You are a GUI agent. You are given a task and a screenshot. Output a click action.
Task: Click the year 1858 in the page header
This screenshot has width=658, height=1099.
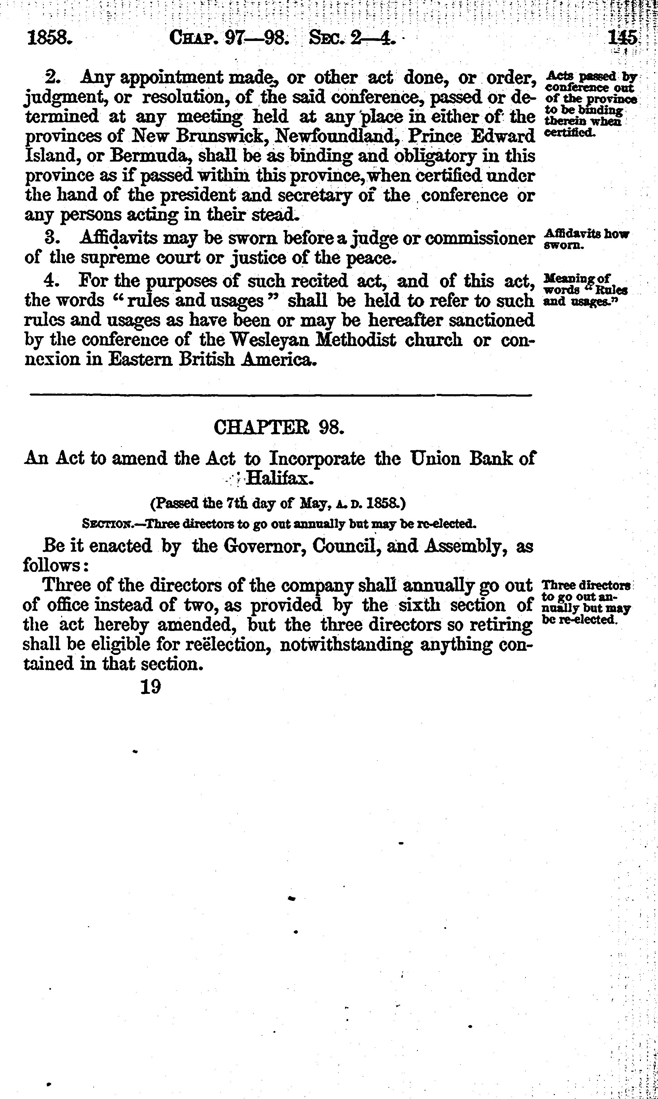tap(49, 39)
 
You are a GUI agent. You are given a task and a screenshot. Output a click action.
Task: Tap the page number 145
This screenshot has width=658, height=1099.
tap(623, 39)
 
